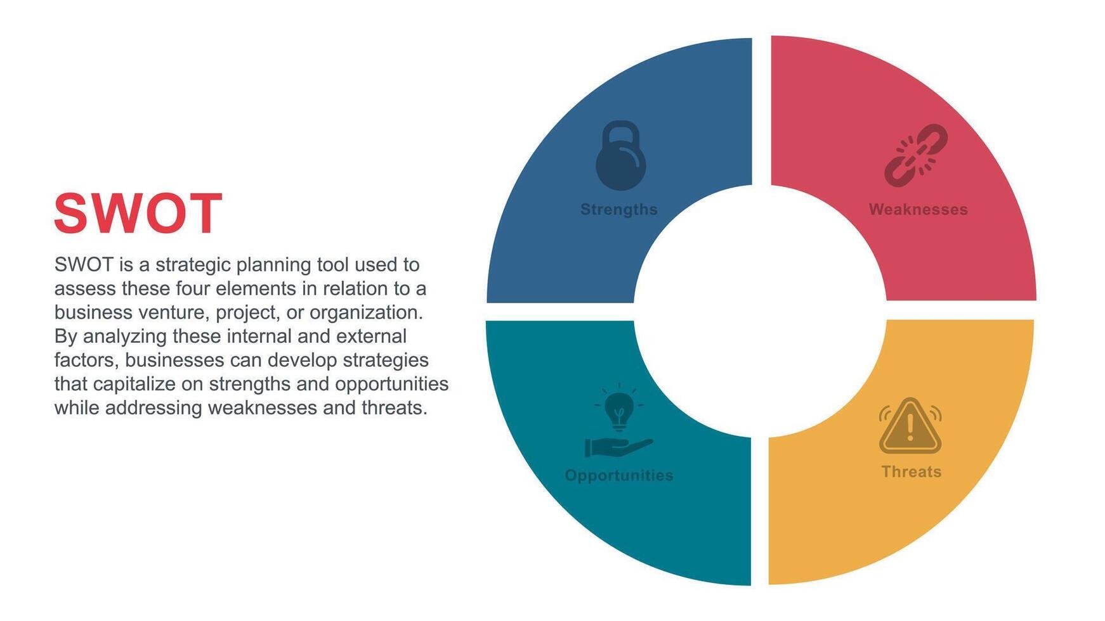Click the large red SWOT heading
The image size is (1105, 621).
(138, 214)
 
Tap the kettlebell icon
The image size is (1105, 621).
(621, 155)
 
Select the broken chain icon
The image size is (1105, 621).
(916, 155)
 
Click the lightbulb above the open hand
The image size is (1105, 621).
(619, 407)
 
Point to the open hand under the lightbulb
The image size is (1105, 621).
(618, 447)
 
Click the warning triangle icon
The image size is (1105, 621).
(910, 426)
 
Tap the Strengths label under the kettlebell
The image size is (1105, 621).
(619, 210)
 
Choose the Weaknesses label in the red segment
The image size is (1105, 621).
(918, 210)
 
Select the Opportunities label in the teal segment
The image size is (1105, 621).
(619, 475)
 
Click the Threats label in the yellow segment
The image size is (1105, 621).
(912, 471)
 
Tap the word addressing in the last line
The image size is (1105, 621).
(154, 408)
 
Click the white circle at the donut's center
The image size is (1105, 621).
(760, 310)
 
